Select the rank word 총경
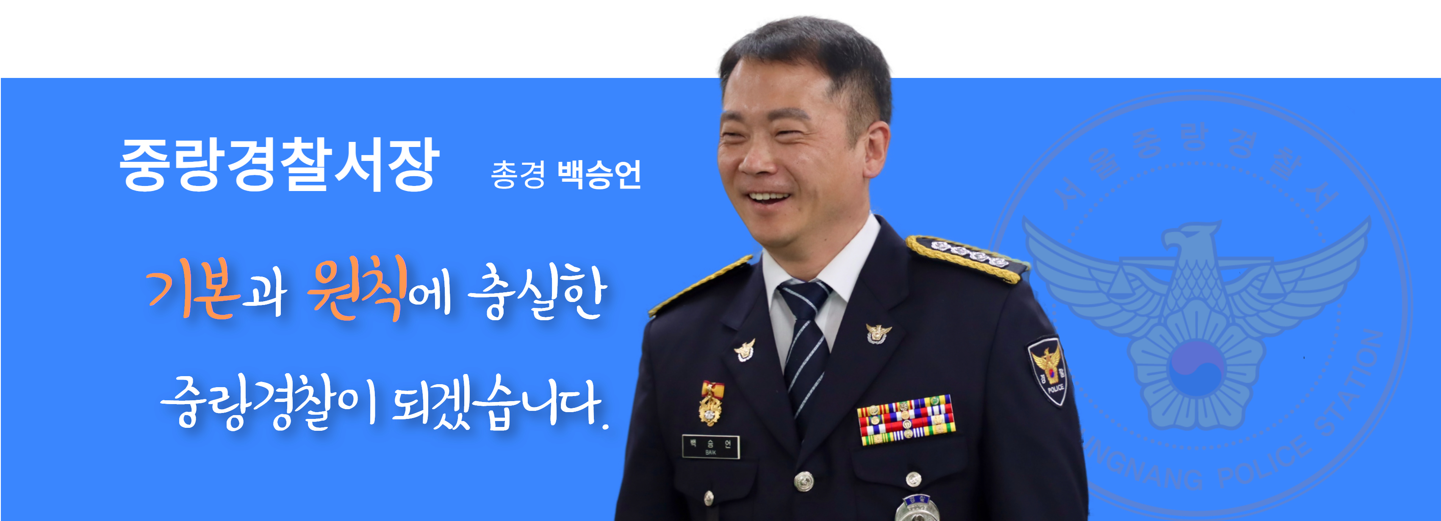(518, 175)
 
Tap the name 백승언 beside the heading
(599, 175)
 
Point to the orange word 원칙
(356, 289)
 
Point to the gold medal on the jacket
(710, 403)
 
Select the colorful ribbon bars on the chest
(906, 420)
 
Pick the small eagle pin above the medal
(745, 350)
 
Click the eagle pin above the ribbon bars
(878, 333)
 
